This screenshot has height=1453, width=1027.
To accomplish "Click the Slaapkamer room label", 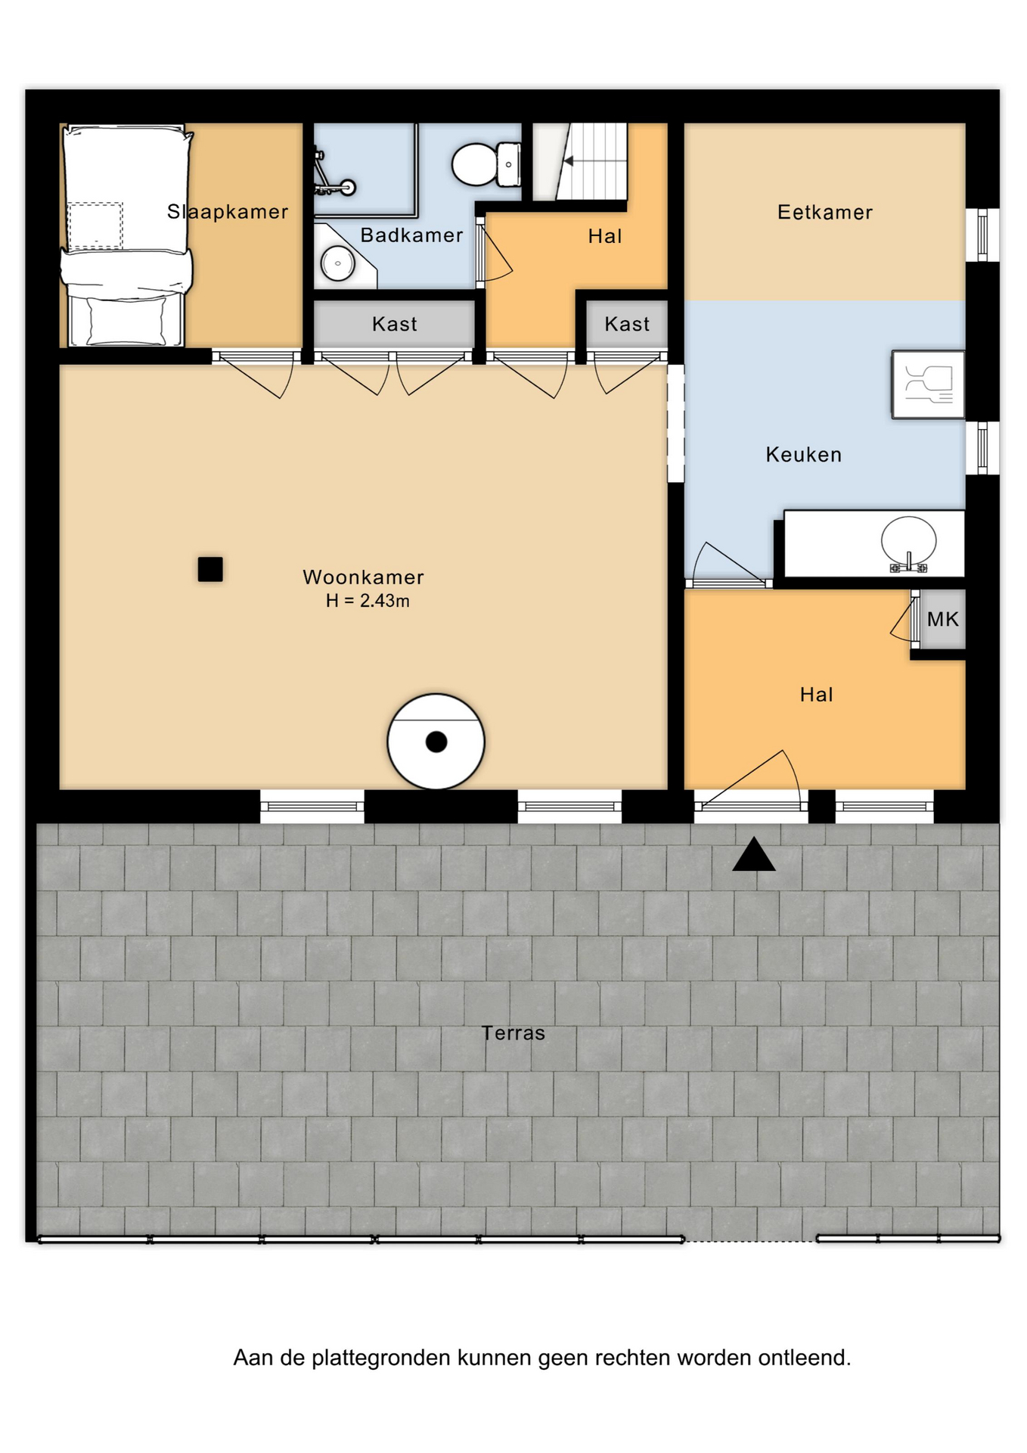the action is [x=228, y=212].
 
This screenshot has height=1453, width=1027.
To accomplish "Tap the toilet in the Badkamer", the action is [x=486, y=164].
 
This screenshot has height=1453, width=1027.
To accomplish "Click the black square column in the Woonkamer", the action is [x=210, y=569].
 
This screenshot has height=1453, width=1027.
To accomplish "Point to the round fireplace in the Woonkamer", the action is [x=436, y=742].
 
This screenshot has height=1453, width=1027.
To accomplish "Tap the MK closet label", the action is [x=943, y=619].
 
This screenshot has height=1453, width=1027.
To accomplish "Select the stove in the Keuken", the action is [x=928, y=384].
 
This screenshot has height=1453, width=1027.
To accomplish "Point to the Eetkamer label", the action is [x=825, y=213].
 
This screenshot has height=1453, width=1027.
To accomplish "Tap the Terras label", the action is [x=513, y=1033].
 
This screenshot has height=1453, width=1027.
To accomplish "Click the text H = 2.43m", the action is [x=368, y=601].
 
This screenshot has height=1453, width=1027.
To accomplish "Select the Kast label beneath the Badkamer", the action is [x=395, y=325].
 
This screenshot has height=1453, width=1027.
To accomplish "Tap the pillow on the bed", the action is [x=126, y=321].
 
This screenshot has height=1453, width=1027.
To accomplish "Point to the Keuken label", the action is [x=804, y=455].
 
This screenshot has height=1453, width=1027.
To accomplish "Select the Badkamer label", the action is [x=411, y=235].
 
